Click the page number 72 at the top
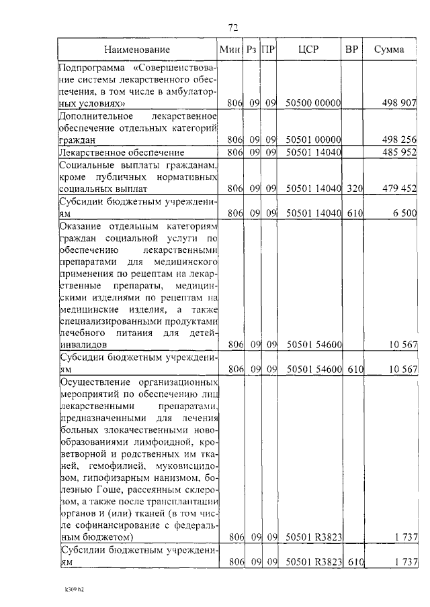tap(233, 27)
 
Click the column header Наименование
tap(137, 50)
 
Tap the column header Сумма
tap(389, 50)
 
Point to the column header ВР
tap(351, 50)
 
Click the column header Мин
tap(229, 50)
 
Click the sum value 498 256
tap(399, 140)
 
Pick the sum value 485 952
tap(399, 152)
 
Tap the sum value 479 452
tap(399, 189)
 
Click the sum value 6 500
tap(404, 213)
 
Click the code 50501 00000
tap(314, 140)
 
